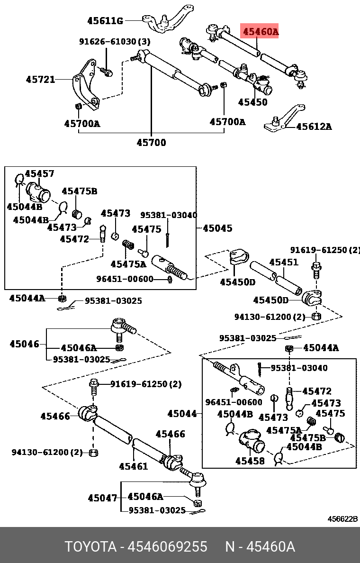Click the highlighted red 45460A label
pyautogui.click(x=260, y=32)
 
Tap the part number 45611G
pyautogui.click(x=105, y=21)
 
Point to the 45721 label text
pyautogui.click(x=40, y=80)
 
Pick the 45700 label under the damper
pyautogui.click(x=152, y=142)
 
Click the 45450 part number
pyautogui.click(x=252, y=102)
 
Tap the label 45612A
pyautogui.click(x=314, y=127)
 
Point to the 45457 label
pyautogui.click(x=39, y=174)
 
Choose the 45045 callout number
pyautogui.click(x=217, y=228)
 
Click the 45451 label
pyautogui.click(x=284, y=262)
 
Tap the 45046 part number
pyautogui.click(x=24, y=344)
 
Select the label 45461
pyautogui.click(x=133, y=466)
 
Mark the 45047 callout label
pyautogui.click(x=102, y=498)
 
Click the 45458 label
pyautogui.click(x=250, y=460)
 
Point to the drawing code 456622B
pyautogui.click(x=343, y=519)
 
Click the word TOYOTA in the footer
pyautogui.click(x=90, y=547)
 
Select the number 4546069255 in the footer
pyautogui.click(x=167, y=547)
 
